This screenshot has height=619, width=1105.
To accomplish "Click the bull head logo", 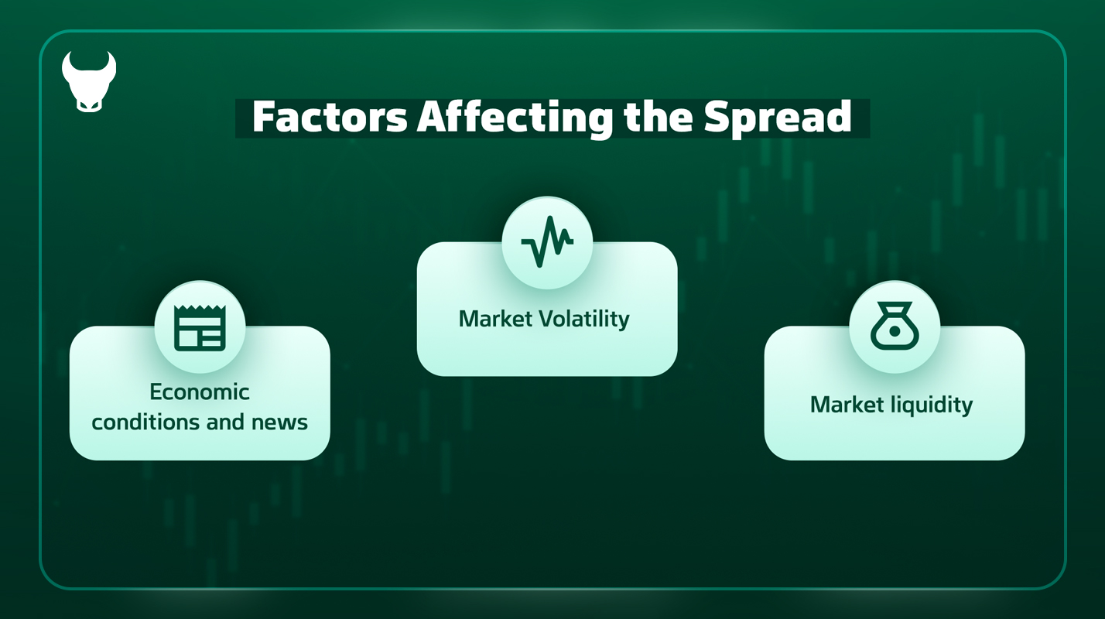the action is click(x=89, y=82).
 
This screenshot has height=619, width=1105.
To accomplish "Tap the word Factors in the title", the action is click(x=330, y=117).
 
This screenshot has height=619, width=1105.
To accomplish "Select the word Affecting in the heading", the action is click(x=515, y=119).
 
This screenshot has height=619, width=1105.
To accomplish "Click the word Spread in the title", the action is click(x=778, y=119).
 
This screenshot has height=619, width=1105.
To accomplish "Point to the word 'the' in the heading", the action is click(x=659, y=117).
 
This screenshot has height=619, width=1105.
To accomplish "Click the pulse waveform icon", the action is click(x=547, y=242).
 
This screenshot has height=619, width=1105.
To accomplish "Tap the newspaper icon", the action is click(x=200, y=328).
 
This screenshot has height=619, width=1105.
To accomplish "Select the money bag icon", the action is click(x=895, y=326).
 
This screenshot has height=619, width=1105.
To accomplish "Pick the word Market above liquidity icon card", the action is click(x=847, y=405).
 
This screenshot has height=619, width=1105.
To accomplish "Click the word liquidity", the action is click(x=932, y=405).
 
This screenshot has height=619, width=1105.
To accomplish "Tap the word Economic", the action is click(x=200, y=392).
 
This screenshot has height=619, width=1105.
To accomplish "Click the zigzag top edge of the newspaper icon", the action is click(x=200, y=309).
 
